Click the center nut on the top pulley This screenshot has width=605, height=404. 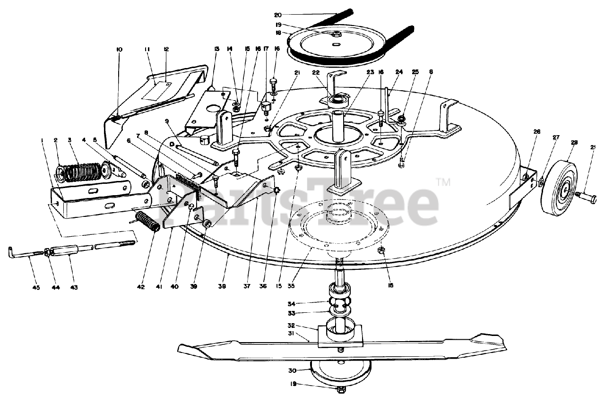337,34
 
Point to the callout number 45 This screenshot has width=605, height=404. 23,287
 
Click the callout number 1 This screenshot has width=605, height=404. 43,140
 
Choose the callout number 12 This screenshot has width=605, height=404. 166,50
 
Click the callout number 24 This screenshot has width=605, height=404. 399,72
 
